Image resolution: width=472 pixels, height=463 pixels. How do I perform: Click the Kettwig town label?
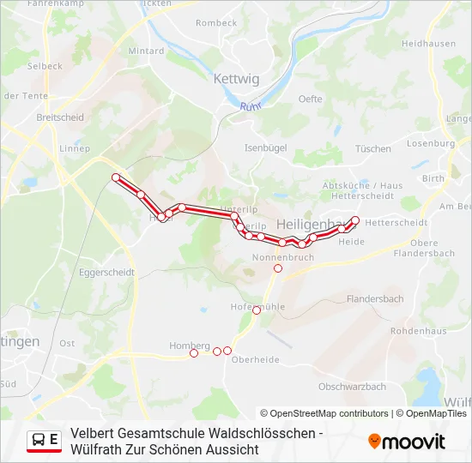coord(235,79)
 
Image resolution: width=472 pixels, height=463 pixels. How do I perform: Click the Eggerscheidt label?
coord(106,272)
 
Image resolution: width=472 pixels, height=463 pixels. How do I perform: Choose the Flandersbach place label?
coord(374,298)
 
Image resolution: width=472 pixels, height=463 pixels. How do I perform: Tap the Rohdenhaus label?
coord(418,330)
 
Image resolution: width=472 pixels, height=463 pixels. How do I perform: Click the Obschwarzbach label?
coord(352,387)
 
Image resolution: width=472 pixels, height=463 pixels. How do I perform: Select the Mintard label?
coord(146,51)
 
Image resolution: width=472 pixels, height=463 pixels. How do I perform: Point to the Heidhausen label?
coord(429,43)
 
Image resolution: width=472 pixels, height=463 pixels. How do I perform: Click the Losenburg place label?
coord(431,143)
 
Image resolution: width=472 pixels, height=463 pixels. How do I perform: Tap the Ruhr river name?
coord(250,106)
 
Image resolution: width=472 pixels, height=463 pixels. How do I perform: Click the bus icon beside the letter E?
coord(39,441)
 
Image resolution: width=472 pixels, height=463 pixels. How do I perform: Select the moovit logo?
coord(407,442)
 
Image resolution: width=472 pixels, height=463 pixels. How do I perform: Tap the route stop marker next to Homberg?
coord(194,353)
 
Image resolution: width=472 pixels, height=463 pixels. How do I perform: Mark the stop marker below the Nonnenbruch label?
coord(277,268)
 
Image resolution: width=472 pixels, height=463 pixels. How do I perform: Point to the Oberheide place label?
coord(256,359)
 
